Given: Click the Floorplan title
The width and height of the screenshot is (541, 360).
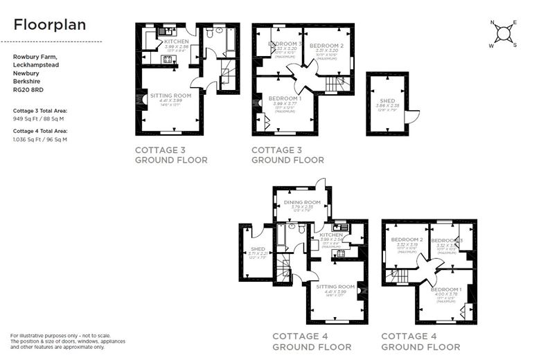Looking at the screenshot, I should [x=50, y=25].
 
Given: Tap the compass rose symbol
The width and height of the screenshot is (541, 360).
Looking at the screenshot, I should [x=505, y=33].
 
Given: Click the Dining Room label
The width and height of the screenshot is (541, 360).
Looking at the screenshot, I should [x=302, y=202].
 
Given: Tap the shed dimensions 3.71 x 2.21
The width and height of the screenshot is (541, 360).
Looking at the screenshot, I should [x=258, y=253].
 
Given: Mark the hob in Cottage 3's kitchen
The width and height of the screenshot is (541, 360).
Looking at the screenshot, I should [x=167, y=60].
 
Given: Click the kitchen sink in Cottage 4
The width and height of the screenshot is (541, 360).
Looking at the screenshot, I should [x=339, y=228].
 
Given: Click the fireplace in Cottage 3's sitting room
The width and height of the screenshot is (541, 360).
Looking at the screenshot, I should [x=143, y=101].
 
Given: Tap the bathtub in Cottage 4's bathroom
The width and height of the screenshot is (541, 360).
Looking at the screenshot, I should [x=281, y=237].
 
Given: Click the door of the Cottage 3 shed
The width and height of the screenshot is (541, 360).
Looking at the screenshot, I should [x=411, y=117].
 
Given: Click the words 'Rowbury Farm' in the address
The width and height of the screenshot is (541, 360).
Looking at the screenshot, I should [x=30, y=57].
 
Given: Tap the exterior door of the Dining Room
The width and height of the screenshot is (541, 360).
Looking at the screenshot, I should [x=319, y=183].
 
